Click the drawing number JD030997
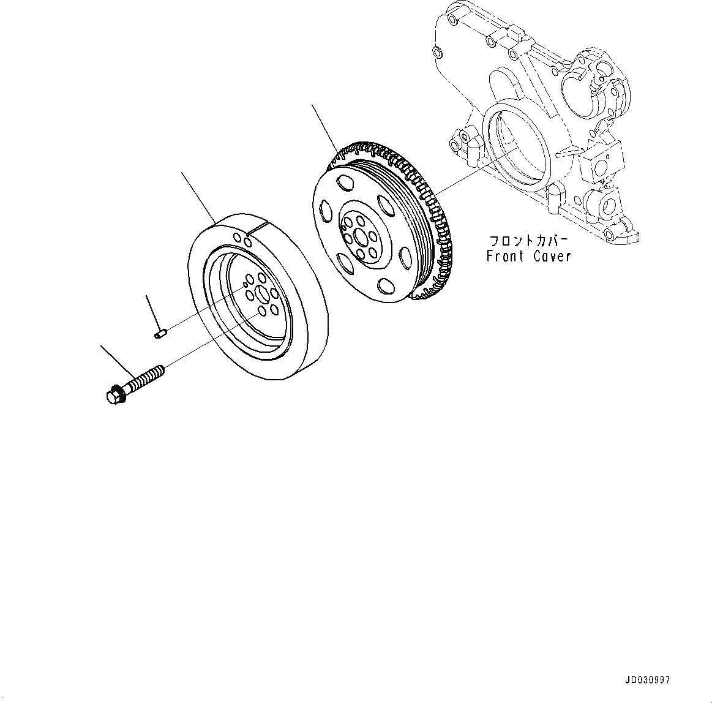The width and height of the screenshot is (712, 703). click(648, 680)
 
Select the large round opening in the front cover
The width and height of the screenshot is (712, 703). click(512, 145)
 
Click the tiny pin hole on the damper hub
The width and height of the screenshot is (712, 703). click(245, 285)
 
